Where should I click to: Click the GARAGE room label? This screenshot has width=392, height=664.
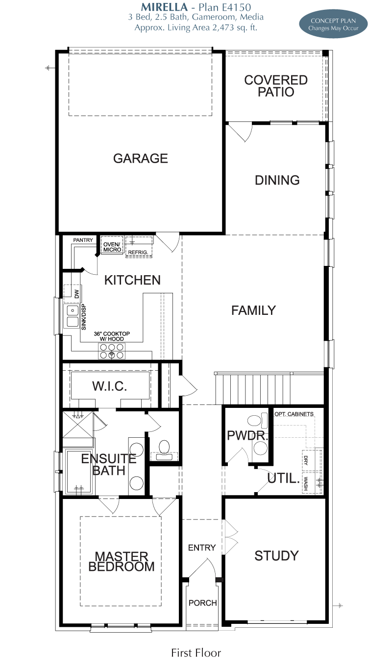point(141,158)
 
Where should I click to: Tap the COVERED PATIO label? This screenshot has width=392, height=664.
point(276,86)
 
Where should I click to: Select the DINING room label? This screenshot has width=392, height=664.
point(277,180)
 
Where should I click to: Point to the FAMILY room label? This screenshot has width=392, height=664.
point(253,310)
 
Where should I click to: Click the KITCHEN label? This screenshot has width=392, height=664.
point(132,280)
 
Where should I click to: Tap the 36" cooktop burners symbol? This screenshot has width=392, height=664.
point(112,351)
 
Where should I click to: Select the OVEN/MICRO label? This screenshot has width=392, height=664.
point(112,247)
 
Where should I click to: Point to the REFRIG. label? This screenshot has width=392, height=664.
point(138,253)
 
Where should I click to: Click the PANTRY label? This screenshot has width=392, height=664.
point(83,240)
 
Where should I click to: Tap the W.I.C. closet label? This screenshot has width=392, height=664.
point(110,386)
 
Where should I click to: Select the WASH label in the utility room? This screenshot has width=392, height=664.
point(306,483)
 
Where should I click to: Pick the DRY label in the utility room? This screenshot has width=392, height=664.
point(306,460)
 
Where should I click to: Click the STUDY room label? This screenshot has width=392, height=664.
point(276,556)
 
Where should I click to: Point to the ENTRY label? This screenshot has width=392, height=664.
point(202,547)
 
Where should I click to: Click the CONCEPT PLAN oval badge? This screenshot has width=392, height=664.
point(333,24)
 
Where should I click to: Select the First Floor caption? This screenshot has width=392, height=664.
point(196,653)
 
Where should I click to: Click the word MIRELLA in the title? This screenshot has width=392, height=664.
point(164,7)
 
